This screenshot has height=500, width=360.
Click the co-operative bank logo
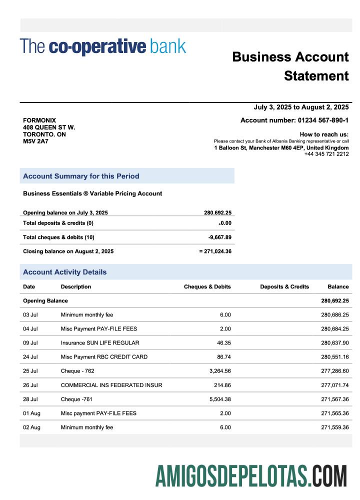pos(103,46)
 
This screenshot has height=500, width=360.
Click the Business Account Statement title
pos(290,66)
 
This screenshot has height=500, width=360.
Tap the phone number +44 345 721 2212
pos(326,154)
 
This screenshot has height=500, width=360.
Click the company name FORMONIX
pos(39,120)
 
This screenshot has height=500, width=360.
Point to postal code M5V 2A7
pos(35,141)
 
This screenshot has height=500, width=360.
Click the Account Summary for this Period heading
pos(81,176)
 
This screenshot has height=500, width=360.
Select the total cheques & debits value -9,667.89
pos(219,237)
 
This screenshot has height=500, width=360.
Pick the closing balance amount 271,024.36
pos(217,251)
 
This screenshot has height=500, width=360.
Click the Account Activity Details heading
pos(64,272)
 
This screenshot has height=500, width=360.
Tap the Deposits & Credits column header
pos(284,287)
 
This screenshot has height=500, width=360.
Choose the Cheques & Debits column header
pos(207,287)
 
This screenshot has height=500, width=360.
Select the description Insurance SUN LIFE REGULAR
pos(100,343)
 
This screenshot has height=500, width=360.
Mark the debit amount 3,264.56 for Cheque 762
pos(218,371)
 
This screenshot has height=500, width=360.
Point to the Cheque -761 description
pos(76,399)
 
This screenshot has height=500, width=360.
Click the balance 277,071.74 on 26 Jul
pos(334,385)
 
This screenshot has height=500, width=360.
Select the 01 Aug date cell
pos(31,413)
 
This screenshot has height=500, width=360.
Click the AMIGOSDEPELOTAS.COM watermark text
pos(251,475)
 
